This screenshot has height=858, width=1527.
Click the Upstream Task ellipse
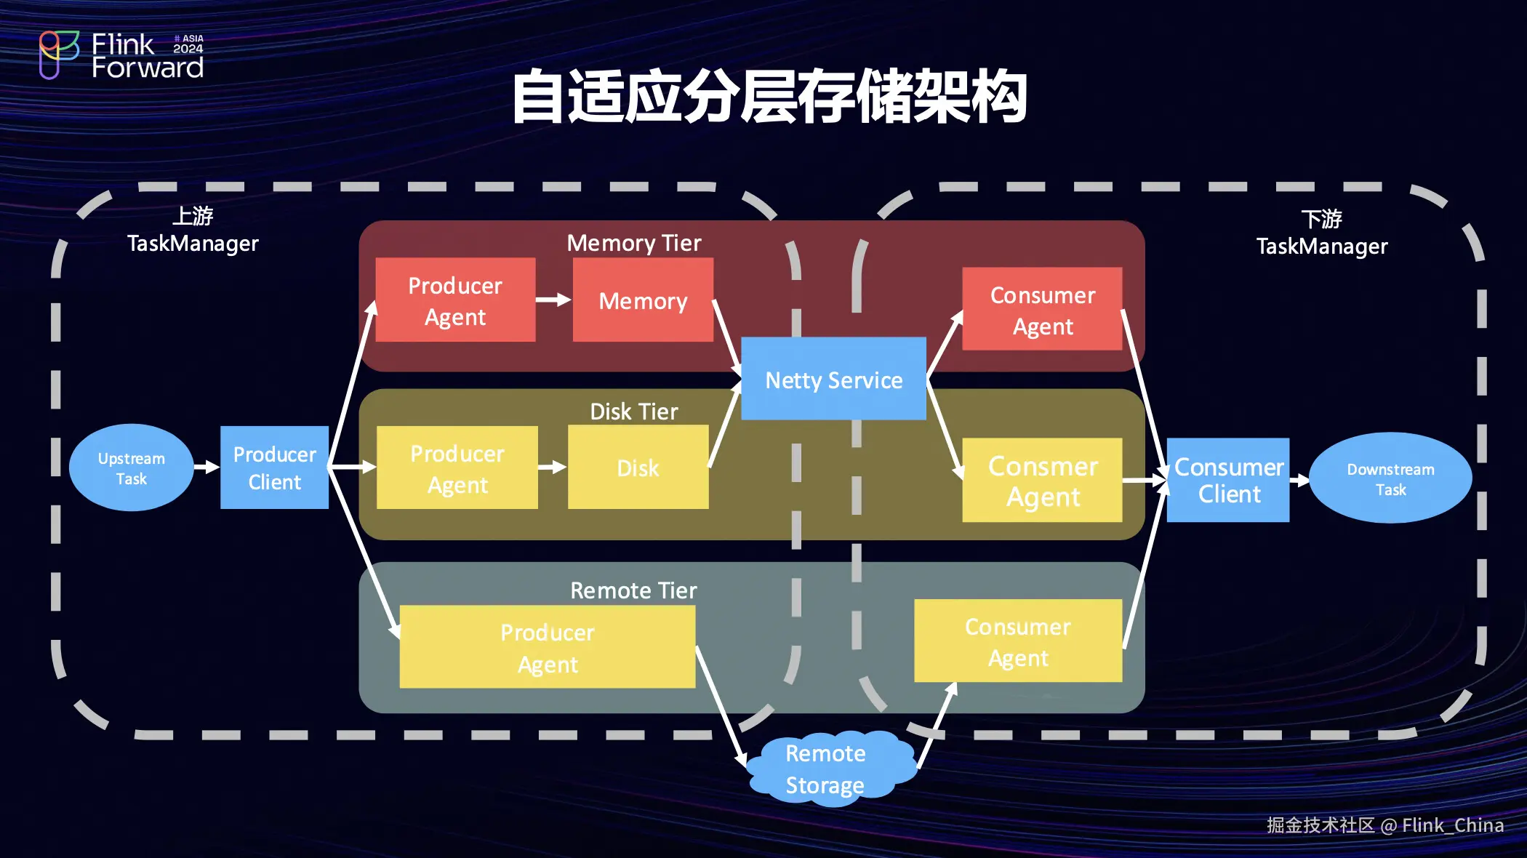pyautogui.click(x=132, y=468)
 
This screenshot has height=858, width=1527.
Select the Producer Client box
pyautogui.click(x=274, y=468)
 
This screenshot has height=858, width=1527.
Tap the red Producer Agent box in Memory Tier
pyautogui.click(x=455, y=300)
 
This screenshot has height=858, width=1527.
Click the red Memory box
pyautogui.click(x=643, y=300)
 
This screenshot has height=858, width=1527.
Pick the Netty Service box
pyautogui.click(x=833, y=379)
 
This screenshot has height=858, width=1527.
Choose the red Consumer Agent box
pyautogui.click(x=1042, y=310)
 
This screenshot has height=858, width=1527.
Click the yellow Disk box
pyautogui.click(x=638, y=468)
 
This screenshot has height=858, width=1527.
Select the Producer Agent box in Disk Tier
pyautogui.click(x=457, y=468)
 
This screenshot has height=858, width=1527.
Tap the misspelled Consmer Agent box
pyautogui.click(x=1042, y=481)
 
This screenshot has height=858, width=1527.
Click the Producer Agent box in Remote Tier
pyautogui.click(x=548, y=647)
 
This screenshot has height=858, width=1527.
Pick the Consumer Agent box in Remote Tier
pyautogui.click(x=1018, y=641)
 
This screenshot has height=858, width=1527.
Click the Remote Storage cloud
pyautogui.click(x=827, y=769)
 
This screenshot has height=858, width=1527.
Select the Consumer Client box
pyautogui.click(x=1228, y=480)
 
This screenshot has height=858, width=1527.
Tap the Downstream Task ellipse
pyautogui.click(x=1390, y=478)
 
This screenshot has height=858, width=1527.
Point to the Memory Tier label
pyautogui.click(x=634, y=243)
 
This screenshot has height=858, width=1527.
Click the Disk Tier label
pyautogui.click(x=634, y=412)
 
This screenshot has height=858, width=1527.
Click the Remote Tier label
pyautogui.click(x=633, y=590)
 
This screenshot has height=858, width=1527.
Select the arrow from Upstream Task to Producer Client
pyautogui.click(x=207, y=467)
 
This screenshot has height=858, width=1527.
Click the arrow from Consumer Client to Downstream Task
pyautogui.click(x=1299, y=480)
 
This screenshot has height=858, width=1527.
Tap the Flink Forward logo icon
pyautogui.click(x=58, y=54)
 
